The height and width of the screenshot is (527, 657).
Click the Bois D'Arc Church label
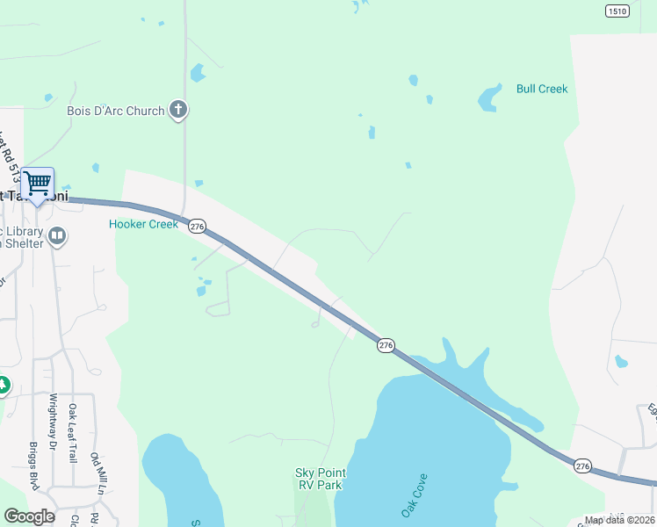115,111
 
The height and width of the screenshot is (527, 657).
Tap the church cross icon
178,110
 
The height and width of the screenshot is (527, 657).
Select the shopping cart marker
38,184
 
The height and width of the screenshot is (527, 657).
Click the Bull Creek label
542,89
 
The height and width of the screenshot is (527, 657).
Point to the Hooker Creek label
143,224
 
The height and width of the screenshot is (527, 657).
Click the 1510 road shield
617,11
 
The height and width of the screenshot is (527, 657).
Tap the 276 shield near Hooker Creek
197,227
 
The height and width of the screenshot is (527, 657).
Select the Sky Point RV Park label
318,479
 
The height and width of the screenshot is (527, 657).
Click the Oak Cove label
415,495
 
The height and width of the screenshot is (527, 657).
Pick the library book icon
57,235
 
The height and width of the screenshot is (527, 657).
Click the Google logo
29,516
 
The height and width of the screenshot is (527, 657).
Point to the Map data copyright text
619,520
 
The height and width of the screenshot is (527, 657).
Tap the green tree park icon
3,385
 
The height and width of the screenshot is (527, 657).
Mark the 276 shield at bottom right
582,465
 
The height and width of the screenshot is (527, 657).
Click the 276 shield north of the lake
386,345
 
